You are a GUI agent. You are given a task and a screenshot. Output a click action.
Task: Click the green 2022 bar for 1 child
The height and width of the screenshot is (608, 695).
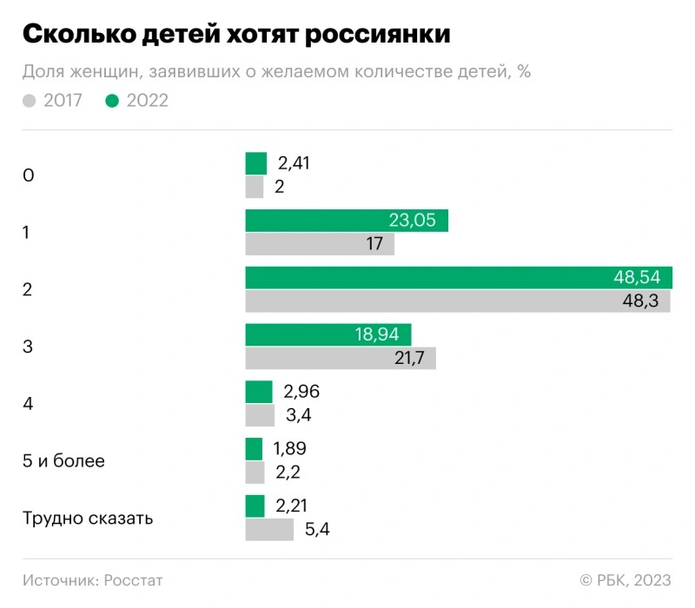346,221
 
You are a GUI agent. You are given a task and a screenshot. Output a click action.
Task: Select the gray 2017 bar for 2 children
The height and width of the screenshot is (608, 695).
457,301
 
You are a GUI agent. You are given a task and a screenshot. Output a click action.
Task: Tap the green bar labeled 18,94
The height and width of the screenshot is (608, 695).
328,334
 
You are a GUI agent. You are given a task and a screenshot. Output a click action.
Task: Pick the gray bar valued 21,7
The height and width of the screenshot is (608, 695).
340,358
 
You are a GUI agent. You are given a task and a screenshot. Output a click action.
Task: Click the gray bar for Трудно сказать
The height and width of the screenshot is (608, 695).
269,529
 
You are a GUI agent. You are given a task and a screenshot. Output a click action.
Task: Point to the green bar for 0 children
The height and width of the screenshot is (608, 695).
255,163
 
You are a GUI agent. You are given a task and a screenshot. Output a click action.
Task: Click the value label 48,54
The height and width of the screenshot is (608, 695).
637,278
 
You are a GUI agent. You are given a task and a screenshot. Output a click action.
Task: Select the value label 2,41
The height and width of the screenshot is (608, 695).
294,163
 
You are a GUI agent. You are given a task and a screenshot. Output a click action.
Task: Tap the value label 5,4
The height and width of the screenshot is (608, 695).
318,529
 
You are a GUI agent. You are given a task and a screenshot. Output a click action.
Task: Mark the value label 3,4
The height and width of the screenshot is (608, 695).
298,415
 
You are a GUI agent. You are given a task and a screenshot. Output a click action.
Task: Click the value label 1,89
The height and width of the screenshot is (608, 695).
289,449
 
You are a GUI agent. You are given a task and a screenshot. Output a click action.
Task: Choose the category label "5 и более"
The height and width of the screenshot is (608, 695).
63,461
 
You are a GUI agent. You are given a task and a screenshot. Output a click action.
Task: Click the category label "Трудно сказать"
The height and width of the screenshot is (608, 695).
88,519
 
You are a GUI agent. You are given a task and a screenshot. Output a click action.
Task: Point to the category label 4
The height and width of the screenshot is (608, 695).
28,404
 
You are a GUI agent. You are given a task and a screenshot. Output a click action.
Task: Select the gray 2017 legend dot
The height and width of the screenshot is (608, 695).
30,101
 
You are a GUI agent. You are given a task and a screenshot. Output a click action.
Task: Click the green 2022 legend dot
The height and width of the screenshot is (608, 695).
111,101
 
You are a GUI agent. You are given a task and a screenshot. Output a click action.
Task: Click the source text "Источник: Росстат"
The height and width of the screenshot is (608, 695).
93,579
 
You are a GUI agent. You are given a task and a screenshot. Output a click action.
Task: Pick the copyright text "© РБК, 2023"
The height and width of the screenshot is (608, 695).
625,579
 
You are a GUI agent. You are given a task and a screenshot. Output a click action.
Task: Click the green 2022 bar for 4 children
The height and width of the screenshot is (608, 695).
258,392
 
